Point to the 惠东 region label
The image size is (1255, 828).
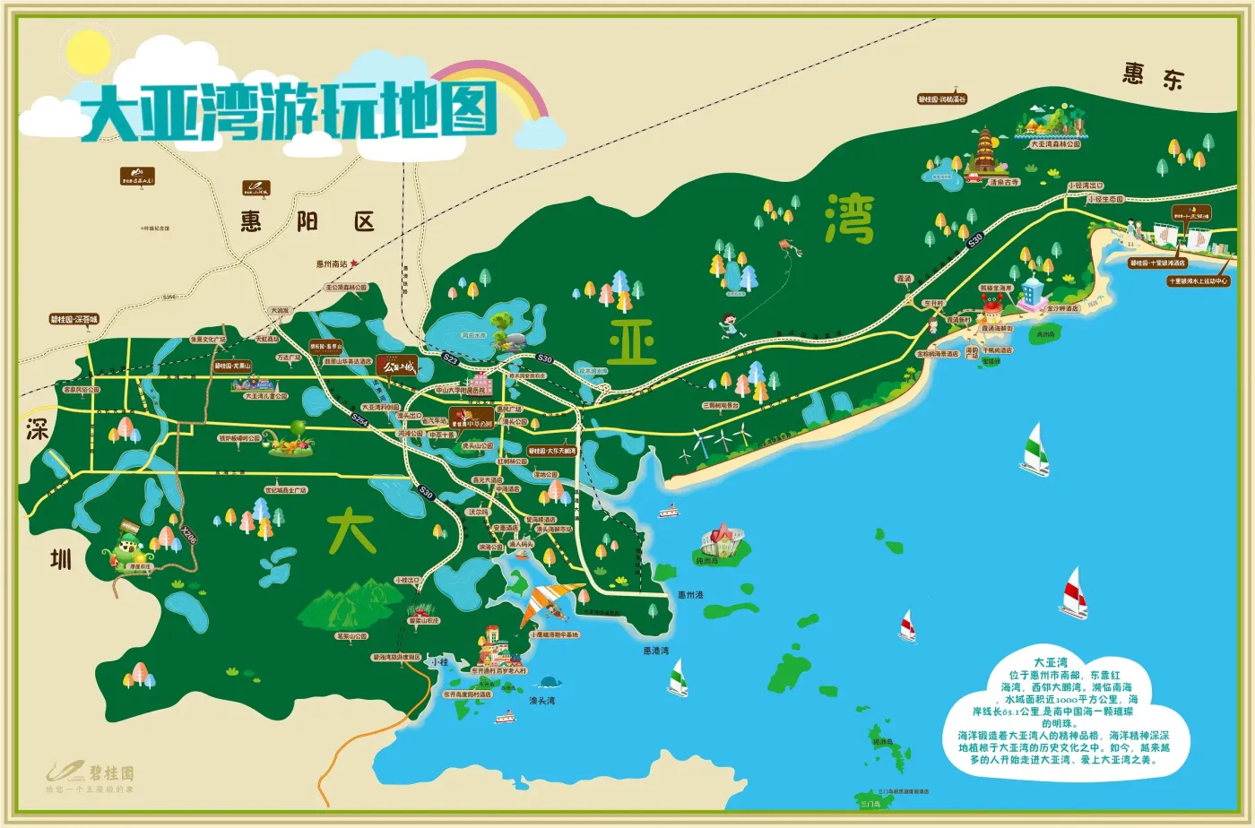click(1153, 75)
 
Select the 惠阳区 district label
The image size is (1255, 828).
click(307, 221)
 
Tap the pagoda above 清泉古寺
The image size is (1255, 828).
click(984, 151)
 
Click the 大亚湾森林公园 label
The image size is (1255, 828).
click(1055, 143)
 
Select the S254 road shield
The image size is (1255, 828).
click(360, 419)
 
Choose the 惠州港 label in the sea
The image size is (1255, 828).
click(690, 595)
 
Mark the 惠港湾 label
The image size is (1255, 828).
click(655, 651)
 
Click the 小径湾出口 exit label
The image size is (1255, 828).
click(1086, 185)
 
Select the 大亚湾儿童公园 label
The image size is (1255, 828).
click(266, 395)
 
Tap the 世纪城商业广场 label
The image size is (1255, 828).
click(285, 490)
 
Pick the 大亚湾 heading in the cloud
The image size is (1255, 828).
click(1050, 661)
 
